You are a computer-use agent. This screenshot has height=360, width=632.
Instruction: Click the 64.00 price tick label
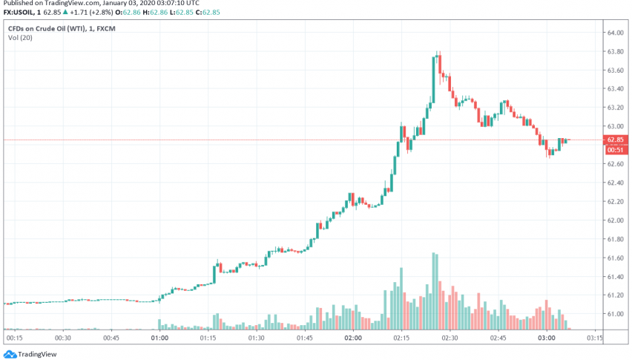614,33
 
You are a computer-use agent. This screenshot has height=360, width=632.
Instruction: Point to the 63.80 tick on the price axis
614,52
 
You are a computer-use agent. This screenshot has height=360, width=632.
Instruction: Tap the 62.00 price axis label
614,220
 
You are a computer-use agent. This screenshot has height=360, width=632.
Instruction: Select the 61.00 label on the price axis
614,314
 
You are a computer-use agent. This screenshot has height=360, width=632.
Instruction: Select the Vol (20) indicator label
20,39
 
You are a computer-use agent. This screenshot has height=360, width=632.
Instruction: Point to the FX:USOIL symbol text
19,13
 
